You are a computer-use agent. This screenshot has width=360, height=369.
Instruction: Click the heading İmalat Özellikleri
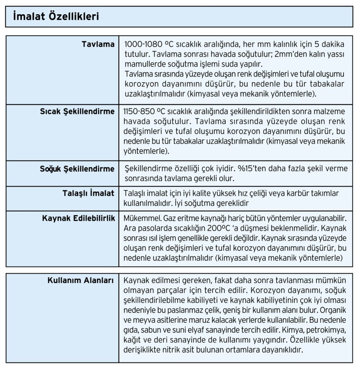[x=56, y=17]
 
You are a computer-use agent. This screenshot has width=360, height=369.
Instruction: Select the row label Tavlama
[x=98, y=45]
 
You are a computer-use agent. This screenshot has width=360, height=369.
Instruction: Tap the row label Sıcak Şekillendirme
[x=77, y=111]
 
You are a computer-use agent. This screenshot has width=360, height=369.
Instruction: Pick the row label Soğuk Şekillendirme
[x=77, y=169]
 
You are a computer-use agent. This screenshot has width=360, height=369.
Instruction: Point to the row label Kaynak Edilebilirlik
[x=79, y=218]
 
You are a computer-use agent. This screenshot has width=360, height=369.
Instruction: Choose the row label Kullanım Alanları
[x=81, y=280]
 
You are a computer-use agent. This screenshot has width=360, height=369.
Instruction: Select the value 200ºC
[x=209, y=228]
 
